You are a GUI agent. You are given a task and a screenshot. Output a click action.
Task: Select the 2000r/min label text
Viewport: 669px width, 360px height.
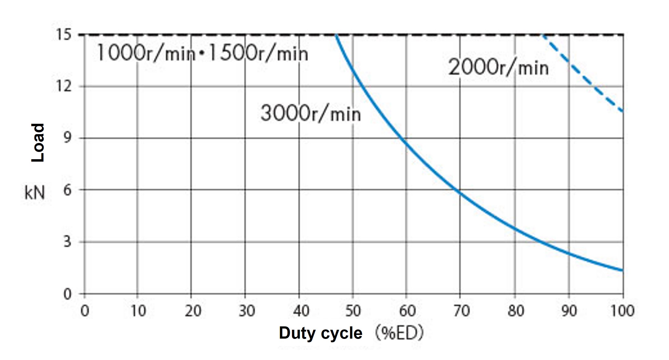tap(498, 68)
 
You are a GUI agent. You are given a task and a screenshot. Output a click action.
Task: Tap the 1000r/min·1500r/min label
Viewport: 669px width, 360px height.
tap(202, 53)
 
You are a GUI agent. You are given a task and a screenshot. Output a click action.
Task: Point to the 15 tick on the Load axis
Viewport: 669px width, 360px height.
tap(64, 35)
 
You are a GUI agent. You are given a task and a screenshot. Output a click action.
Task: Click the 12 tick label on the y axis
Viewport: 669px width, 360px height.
tap(64, 86)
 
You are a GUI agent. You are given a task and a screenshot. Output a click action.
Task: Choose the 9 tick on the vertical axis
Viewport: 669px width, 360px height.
tap(67, 138)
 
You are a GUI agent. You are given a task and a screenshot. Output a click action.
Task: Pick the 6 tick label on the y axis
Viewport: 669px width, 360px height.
tap(67, 190)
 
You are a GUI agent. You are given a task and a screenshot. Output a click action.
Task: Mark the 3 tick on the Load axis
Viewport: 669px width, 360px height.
tap(67, 242)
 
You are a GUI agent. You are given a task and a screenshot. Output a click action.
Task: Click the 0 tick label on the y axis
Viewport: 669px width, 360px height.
tap(67, 294)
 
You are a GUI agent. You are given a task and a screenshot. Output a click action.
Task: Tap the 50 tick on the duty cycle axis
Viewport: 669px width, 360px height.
tap(353, 311)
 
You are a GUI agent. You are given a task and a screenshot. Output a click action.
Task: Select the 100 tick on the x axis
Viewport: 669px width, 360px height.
tap(623, 311)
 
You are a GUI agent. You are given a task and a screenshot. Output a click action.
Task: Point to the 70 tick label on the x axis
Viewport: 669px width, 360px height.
tap(461, 311)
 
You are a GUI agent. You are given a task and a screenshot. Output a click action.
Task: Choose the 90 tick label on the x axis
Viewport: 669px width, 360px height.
tap(569, 311)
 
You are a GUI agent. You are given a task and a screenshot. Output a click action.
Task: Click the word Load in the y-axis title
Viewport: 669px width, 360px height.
tap(38, 142)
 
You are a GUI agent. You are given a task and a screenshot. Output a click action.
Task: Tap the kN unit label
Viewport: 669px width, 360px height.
tap(35, 193)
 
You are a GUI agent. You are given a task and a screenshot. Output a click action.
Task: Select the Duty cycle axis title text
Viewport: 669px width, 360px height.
tap(320, 333)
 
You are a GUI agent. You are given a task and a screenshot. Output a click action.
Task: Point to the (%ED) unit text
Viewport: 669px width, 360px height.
tap(399, 333)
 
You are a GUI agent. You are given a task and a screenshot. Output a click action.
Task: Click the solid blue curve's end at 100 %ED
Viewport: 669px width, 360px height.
tap(623, 270)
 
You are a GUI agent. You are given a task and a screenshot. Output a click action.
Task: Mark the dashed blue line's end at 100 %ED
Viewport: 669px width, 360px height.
tap(623, 112)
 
